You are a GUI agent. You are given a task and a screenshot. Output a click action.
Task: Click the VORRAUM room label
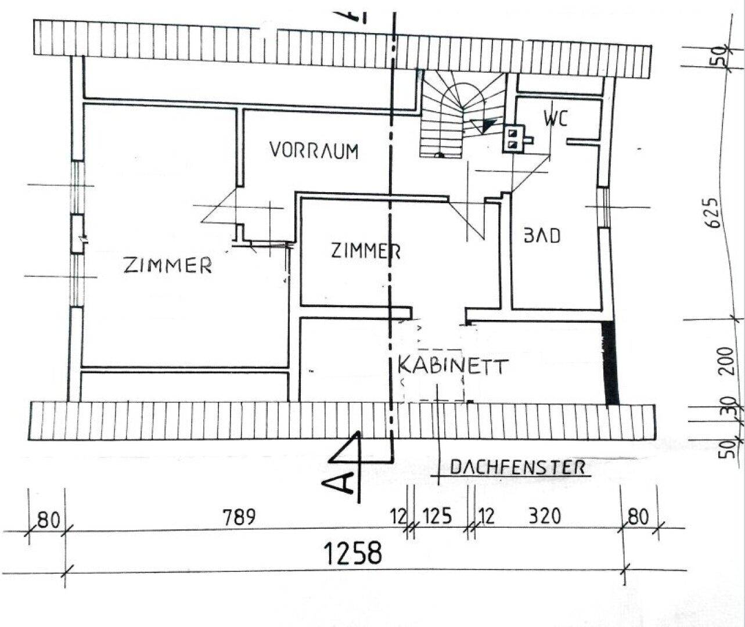point(314,150)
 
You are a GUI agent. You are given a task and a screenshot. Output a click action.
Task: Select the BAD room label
point(542,236)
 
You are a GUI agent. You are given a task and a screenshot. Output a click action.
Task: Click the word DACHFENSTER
point(517,467)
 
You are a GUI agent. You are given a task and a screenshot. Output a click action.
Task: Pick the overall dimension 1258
point(352,553)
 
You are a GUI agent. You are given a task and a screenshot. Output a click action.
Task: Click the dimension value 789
point(239,517)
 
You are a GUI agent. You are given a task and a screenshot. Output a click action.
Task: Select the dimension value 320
point(545,516)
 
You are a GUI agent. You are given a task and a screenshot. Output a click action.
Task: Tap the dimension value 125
point(437,516)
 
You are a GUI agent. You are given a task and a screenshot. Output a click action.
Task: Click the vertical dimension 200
point(726,361)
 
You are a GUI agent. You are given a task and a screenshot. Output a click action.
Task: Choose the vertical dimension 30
point(730,406)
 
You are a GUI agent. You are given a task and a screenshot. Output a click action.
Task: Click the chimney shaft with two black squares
point(514,139)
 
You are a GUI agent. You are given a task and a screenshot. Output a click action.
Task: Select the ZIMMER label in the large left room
point(168,265)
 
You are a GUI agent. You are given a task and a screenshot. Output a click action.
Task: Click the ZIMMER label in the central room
point(366,250)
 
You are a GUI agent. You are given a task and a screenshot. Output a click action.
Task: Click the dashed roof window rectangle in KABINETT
point(441,374)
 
